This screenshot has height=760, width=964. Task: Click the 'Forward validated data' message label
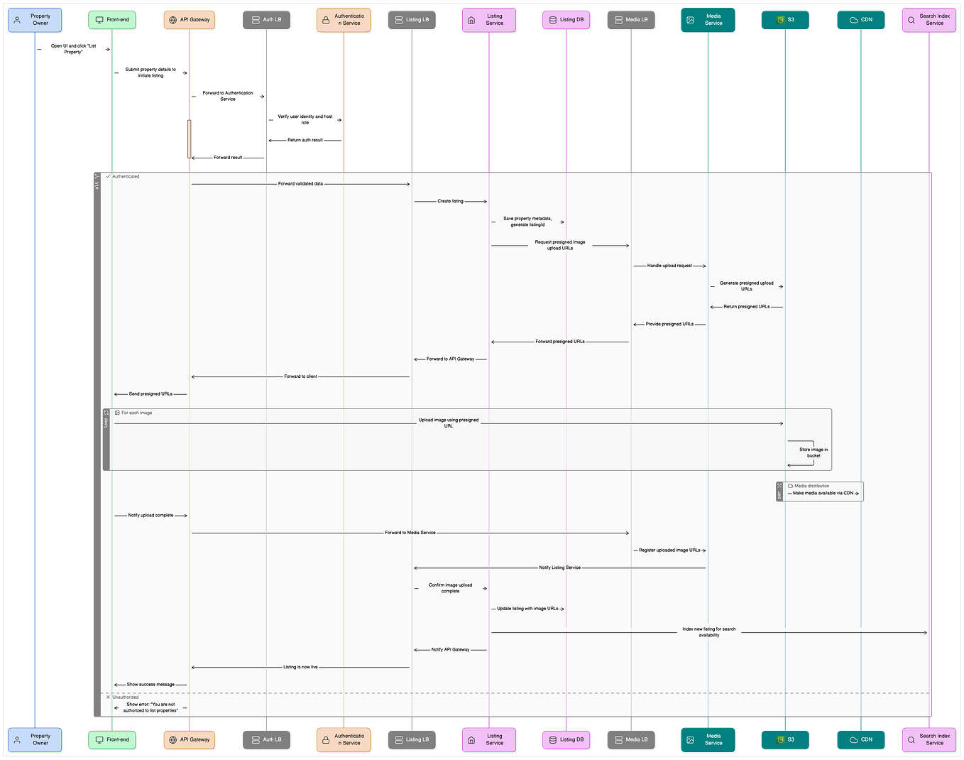(x=300, y=184)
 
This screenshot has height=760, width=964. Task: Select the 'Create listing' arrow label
(x=450, y=201)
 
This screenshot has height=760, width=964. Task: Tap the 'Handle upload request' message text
(x=669, y=266)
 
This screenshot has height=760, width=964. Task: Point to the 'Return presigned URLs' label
(x=746, y=307)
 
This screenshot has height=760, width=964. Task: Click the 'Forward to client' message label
(x=300, y=376)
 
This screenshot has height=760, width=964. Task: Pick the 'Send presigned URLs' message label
(x=150, y=393)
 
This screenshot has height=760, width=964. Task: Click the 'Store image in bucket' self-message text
(x=814, y=452)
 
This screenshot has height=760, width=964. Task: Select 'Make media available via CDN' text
(x=823, y=493)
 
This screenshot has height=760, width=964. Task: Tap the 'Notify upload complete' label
(x=150, y=515)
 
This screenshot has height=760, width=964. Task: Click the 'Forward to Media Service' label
(x=410, y=533)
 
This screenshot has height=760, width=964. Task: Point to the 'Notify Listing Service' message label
(x=559, y=568)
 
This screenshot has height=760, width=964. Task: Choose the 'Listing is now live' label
(x=300, y=667)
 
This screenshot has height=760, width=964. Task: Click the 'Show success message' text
(x=150, y=685)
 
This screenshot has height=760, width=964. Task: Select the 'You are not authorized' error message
(x=150, y=707)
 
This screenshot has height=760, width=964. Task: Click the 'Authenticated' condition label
(x=126, y=176)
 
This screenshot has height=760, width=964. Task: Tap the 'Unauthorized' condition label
(x=126, y=697)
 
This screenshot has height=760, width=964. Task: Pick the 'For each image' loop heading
(x=136, y=413)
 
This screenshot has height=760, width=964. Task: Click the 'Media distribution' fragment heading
(x=811, y=486)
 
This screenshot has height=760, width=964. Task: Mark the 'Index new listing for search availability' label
(x=708, y=632)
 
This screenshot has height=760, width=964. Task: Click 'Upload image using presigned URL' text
(x=449, y=423)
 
